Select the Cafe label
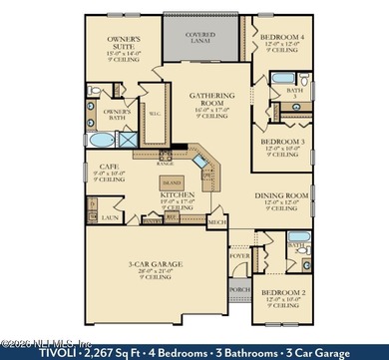point(103,168)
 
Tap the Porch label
point(239,292)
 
